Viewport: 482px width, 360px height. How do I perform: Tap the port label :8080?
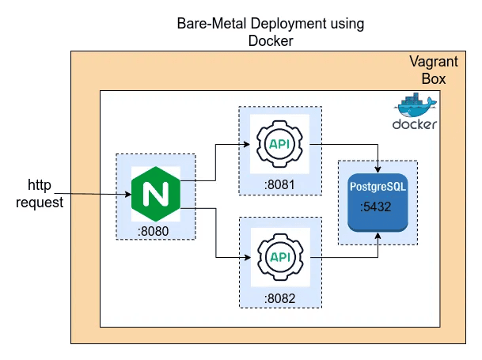point(154,231)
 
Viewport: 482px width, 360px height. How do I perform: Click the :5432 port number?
point(378,207)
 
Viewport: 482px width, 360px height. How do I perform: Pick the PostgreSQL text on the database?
point(378,187)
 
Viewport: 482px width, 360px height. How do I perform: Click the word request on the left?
point(39,203)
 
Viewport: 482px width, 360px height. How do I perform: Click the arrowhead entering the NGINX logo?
point(128,194)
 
